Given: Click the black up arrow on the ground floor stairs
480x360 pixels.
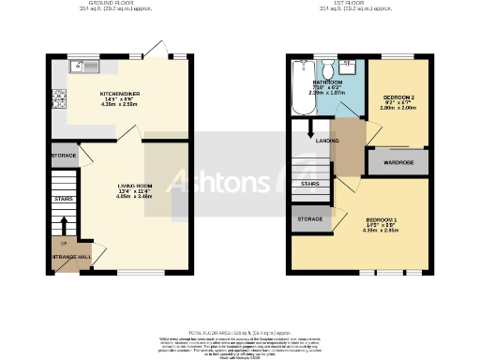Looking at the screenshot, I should click(63, 226).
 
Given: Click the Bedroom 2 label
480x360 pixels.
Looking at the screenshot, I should click(398, 97).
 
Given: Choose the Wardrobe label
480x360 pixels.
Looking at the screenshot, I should click(398, 160).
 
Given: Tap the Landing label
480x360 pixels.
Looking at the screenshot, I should click(328, 142).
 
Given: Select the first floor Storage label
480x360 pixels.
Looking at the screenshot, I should click(310, 218).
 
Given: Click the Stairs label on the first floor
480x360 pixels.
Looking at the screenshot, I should click(308, 185).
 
